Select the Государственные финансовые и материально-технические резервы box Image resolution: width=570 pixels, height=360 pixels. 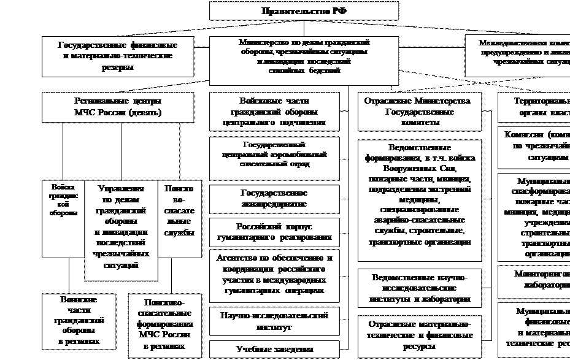118,56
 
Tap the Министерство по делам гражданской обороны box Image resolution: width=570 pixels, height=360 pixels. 304,57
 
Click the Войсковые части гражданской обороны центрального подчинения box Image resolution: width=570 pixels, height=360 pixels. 274,112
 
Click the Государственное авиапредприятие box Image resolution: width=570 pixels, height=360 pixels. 274,198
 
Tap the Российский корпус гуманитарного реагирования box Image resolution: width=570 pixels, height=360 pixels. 274,231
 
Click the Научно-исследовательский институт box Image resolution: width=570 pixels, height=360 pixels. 274,321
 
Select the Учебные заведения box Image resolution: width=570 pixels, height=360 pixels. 274,349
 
